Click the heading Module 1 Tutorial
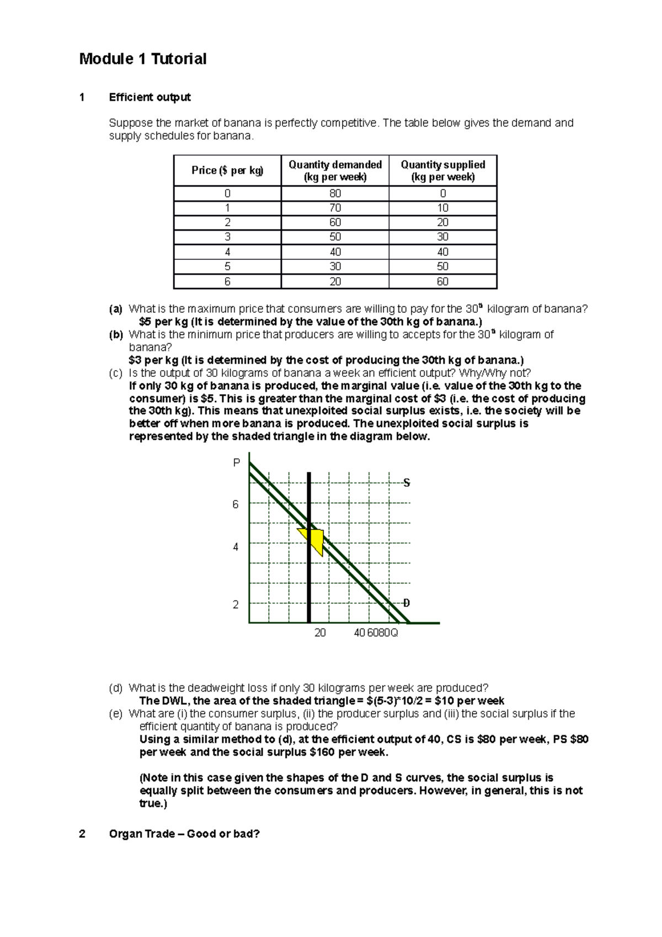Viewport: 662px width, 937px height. [142, 59]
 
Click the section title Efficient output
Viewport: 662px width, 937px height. [150, 98]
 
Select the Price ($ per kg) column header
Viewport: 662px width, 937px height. [227, 171]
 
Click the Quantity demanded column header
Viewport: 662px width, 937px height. [335, 171]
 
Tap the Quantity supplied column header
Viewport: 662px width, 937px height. [442, 171]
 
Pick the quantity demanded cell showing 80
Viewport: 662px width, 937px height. [335, 194]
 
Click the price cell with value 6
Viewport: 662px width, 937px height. [227, 281]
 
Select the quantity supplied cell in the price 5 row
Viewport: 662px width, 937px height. [442, 267]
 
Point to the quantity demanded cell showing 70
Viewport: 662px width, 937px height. [335, 208]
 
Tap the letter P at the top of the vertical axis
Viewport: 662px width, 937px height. [237, 462]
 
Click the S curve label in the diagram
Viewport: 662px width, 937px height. [407, 483]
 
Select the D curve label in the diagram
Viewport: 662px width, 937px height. [407, 603]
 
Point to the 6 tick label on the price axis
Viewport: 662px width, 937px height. [236, 504]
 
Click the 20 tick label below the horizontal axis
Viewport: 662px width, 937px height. [320, 633]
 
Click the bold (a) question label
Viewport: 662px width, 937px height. [115, 309]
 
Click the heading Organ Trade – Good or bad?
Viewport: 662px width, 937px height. [184, 834]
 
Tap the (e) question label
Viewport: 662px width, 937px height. [115, 714]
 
